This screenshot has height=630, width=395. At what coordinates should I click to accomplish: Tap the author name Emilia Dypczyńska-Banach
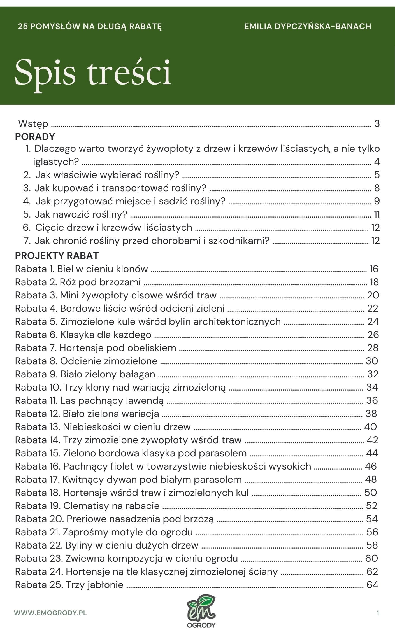tap(307, 26)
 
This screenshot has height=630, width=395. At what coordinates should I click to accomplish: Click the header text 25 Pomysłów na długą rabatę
tap(90, 26)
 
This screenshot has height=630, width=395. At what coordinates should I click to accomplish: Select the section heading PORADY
tap(35, 137)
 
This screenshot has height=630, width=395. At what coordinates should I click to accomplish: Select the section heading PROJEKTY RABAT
tap(57, 255)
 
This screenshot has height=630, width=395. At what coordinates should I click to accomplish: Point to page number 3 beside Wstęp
tap(377, 123)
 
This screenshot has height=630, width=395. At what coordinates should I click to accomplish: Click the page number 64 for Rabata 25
tap(372, 585)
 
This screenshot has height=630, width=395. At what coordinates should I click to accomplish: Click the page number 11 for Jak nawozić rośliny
tap(377, 214)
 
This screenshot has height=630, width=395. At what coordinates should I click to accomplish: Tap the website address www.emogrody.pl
tap(50, 613)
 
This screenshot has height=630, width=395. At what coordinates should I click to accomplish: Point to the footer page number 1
tap(378, 613)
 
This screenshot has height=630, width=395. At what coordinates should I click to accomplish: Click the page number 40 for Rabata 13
tap(370, 427)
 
